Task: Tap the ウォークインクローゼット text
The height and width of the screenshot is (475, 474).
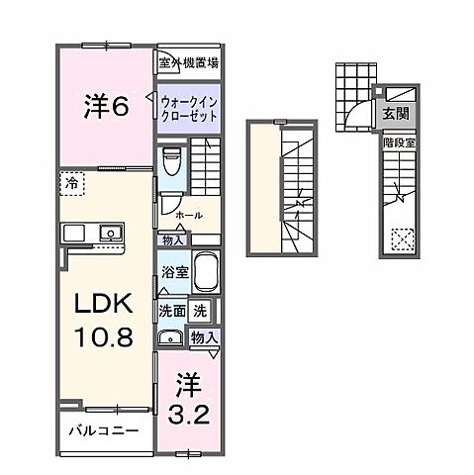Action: tap(188, 106)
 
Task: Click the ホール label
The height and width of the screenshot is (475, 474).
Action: tap(188, 215)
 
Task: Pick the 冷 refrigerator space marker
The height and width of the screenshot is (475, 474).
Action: tap(73, 183)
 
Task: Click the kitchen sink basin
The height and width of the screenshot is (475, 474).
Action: tap(109, 234)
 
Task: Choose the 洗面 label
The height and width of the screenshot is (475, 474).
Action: tap(172, 311)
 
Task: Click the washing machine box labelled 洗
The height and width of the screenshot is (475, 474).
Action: tap(201, 310)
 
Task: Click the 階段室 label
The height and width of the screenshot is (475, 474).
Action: tap(397, 142)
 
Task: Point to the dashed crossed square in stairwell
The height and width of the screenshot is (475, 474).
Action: tap(402, 238)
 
